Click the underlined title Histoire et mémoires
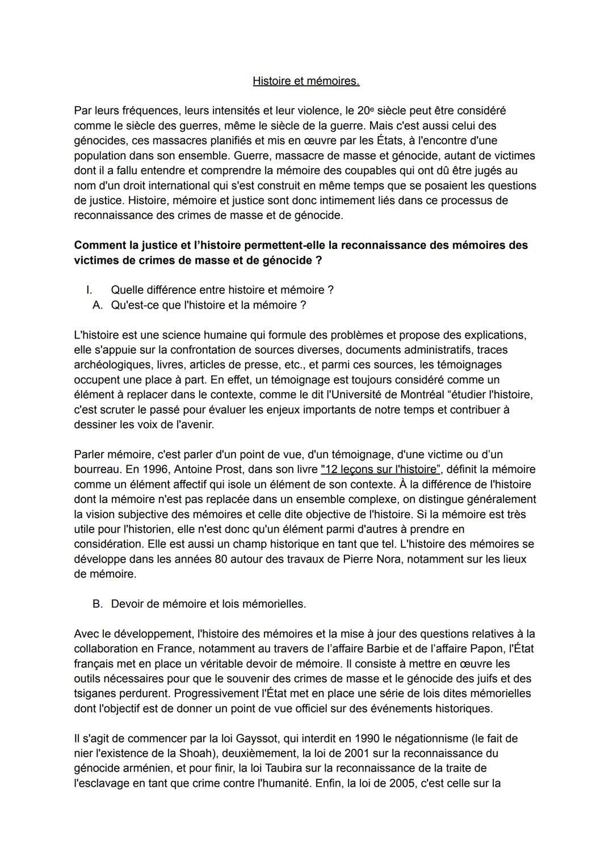click(x=306, y=81)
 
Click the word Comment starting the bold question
click(x=98, y=245)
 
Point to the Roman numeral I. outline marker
click(x=89, y=290)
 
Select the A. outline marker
click(x=98, y=305)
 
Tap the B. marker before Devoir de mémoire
click(x=98, y=604)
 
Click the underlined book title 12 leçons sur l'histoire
click(x=380, y=470)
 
